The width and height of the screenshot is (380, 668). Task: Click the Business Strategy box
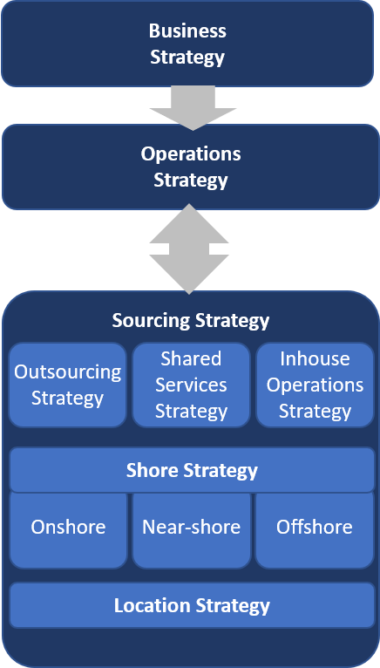coord(187,44)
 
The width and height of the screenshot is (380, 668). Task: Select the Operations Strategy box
coord(190,167)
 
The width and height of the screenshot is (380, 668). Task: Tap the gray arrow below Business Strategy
coord(193,108)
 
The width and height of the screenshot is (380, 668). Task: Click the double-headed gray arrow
coord(189,249)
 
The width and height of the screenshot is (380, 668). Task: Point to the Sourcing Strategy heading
coord(190,320)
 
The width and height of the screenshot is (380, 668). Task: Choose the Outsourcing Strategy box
coord(68,385)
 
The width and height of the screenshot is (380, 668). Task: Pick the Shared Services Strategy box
coord(191,385)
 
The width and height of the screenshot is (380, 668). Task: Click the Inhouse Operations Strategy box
coord(315,385)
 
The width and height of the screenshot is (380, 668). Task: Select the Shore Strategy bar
coord(192,470)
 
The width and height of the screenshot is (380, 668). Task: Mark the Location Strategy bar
coord(192,605)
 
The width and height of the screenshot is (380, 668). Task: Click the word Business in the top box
coord(187,31)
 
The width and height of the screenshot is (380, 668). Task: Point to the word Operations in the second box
coord(191,153)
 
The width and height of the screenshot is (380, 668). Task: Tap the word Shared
coord(191,358)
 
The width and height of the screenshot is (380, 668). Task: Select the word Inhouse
coord(315,358)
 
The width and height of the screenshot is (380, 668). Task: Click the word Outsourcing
coord(68,372)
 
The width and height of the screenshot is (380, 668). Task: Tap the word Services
coord(191,385)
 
